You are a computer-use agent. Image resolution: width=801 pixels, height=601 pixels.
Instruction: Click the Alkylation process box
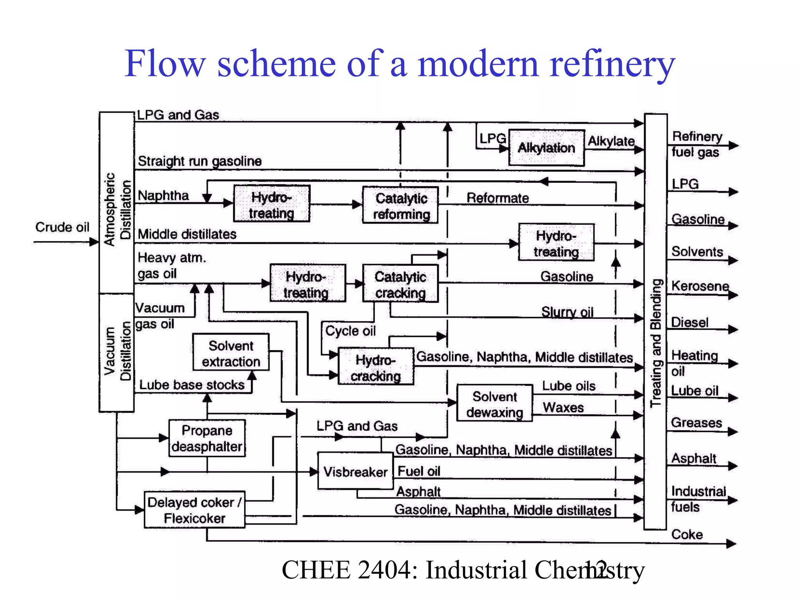[546, 148]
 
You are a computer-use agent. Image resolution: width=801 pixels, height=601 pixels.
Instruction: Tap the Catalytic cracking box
[400, 284]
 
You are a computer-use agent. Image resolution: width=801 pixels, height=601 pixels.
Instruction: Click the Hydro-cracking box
[375, 367]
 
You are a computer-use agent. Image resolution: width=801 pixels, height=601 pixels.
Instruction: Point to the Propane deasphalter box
[207, 438]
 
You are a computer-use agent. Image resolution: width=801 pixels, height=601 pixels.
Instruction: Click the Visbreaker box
[355, 471]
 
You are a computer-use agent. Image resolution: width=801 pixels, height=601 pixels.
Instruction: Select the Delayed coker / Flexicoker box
[194, 510]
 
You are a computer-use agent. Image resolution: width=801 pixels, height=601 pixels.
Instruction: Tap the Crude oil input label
[62, 227]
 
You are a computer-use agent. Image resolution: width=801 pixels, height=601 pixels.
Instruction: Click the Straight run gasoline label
[199, 161]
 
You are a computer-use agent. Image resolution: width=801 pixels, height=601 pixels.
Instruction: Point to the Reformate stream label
[497, 198]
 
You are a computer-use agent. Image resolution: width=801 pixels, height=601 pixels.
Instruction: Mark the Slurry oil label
[567, 311]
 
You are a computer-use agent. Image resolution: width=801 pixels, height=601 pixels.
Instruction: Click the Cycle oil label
[350, 331]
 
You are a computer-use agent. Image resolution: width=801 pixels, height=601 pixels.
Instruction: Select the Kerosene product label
[700, 286]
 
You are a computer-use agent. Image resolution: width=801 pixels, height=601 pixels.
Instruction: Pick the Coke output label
[687, 534]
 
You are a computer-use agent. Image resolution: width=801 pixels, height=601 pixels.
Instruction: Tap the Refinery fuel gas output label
[696, 144]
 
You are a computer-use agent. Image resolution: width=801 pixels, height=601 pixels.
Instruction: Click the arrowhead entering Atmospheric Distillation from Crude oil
[94, 242]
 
